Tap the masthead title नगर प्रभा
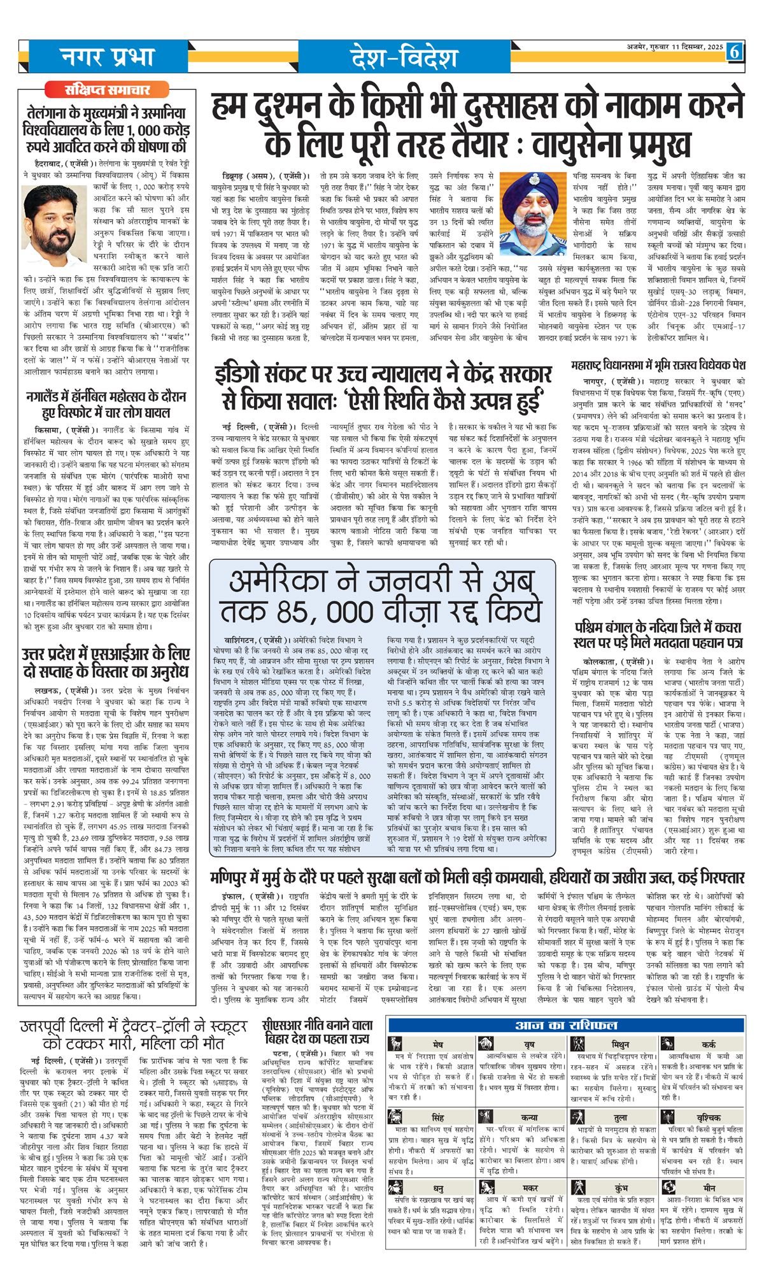click(108, 57)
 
